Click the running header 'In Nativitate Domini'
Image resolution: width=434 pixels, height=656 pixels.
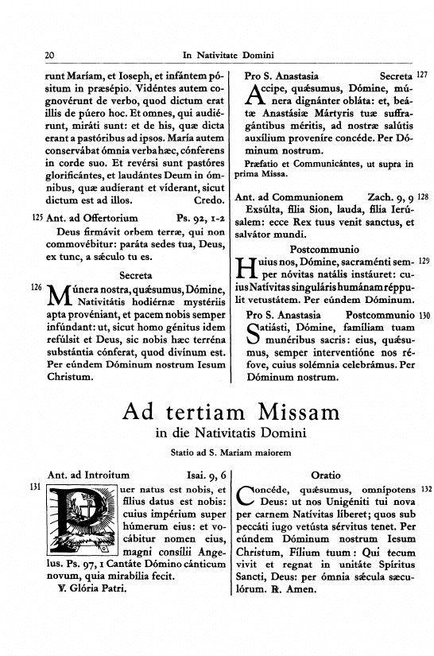[x=228, y=56]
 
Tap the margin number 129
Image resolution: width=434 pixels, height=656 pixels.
[x=423, y=261]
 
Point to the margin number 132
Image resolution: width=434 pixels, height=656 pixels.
[x=423, y=487]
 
